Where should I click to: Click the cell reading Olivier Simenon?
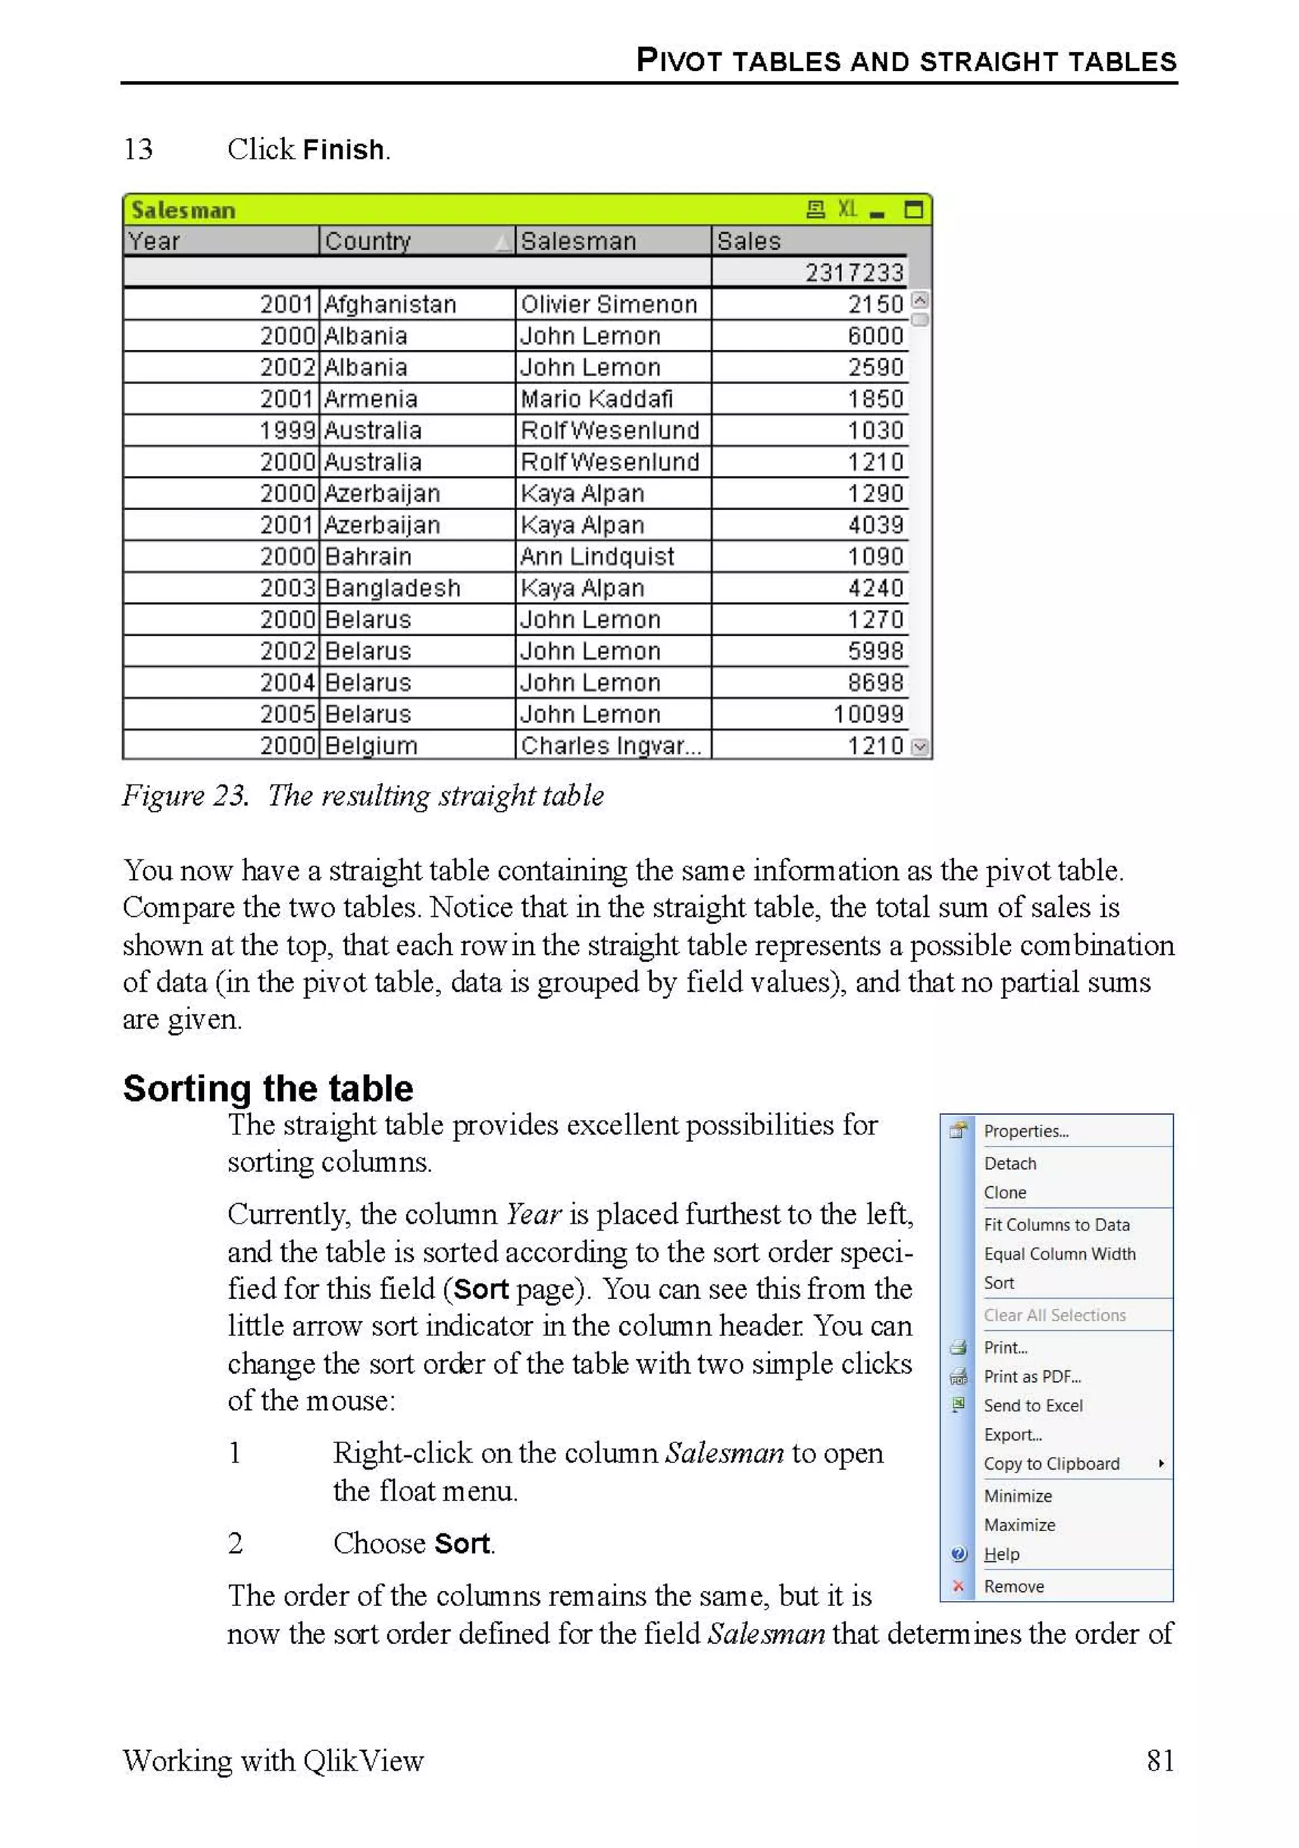608,304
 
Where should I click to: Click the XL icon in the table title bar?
847,209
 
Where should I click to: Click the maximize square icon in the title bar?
913,210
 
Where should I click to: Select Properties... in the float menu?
1026,1131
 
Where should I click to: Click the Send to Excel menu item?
1033,1405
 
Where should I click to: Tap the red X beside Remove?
958,1585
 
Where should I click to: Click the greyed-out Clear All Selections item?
1054,1315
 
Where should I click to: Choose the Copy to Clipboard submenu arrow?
1161,1463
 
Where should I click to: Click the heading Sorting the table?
268,1088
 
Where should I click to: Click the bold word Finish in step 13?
344,150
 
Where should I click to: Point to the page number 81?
1159,1760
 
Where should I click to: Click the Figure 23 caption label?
185,795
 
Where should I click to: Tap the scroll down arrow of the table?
920,747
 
